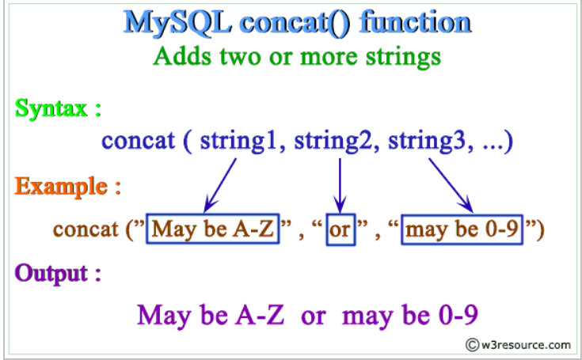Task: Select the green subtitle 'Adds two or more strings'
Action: click(296, 57)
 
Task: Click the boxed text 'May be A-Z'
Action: click(213, 230)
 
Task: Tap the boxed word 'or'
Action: click(340, 230)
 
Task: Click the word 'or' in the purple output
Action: click(313, 316)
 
